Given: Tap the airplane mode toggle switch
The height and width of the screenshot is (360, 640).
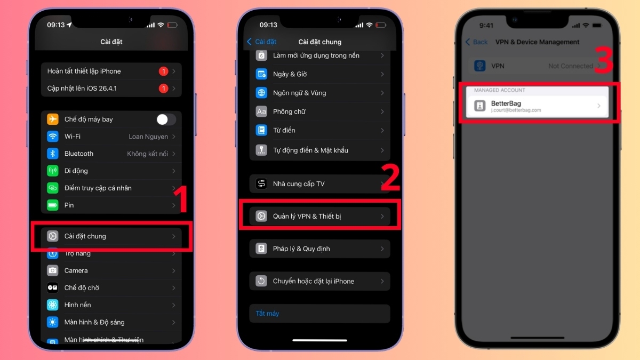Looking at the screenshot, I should (x=166, y=119).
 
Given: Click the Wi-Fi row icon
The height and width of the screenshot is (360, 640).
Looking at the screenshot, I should (x=53, y=137).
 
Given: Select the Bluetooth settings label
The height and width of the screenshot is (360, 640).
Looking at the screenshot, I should (x=79, y=154).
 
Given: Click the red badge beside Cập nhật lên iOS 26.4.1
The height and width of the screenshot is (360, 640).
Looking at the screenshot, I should (x=163, y=89).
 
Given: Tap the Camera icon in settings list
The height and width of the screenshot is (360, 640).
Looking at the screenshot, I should (x=53, y=270).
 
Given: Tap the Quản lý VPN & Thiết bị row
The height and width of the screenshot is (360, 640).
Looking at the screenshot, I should (x=319, y=216).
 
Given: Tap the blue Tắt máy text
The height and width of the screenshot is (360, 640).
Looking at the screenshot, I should (x=267, y=314).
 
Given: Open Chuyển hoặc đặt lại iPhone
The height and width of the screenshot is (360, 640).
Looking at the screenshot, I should (x=319, y=281).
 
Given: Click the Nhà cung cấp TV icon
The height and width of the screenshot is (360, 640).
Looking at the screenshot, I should (x=261, y=184).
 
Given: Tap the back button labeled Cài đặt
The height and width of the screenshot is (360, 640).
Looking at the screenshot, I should (x=262, y=42).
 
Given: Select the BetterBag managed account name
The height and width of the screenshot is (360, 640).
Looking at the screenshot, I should (x=506, y=103).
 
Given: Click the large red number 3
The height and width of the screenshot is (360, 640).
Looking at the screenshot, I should (x=604, y=61).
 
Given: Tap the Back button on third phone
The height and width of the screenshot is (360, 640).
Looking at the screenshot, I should (x=477, y=42).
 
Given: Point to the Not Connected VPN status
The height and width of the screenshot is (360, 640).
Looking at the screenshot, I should (x=570, y=66).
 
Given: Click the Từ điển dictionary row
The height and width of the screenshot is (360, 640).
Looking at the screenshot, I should (x=319, y=130).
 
